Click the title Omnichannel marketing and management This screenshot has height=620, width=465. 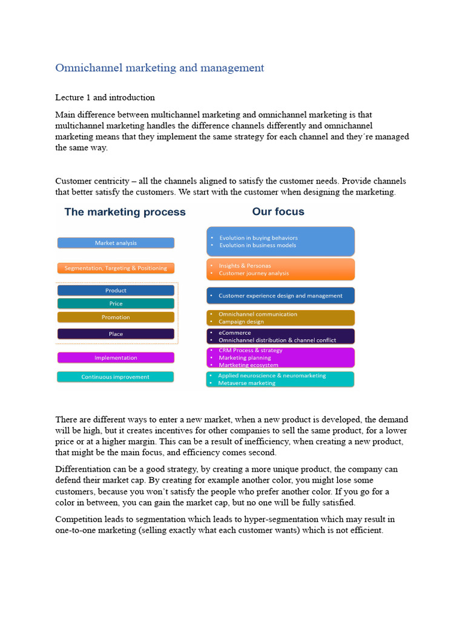(160, 68)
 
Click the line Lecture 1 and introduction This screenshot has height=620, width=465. (105, 97)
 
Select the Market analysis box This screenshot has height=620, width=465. (116, 243)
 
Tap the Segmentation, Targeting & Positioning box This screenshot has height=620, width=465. (116, 268)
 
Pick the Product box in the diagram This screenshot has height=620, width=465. (116, 291)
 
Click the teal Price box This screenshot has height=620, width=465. (116, 304)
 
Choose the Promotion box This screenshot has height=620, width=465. (116, 317)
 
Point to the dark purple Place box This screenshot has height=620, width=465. (116, 334)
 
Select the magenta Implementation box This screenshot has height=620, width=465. (116, 358)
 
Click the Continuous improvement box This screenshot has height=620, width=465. (116, 377)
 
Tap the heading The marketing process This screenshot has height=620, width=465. (125, 212)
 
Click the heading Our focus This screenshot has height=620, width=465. (278, 212)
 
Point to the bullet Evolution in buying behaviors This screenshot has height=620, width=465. (258, 238)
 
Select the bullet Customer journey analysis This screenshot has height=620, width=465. (254, 273)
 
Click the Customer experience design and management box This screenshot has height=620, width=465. (280, 295)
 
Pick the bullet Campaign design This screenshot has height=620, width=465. (241, 322)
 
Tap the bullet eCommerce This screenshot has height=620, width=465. (234, 332)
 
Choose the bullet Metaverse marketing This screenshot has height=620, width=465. (246, 383)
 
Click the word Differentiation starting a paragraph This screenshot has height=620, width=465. (83, 469)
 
